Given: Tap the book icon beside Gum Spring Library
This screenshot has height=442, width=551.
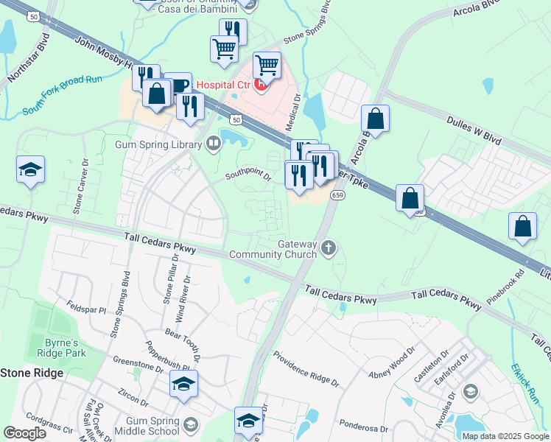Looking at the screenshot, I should click(x=214, y=143).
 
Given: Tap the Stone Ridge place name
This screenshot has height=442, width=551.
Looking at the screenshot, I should click(x=32, y=373).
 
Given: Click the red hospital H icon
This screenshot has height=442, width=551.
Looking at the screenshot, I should click(x=260, y=85).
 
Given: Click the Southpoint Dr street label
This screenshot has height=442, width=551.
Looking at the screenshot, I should click(x=248, y=175).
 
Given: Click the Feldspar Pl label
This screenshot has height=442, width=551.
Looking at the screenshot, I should click(x=86, y=303).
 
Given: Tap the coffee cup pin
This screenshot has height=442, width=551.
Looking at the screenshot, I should click(x=178, y=85).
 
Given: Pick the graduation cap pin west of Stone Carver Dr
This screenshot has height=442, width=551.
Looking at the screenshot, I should click(x=30, y=169).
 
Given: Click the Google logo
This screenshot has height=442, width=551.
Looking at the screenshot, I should click(x=25, y=432).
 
